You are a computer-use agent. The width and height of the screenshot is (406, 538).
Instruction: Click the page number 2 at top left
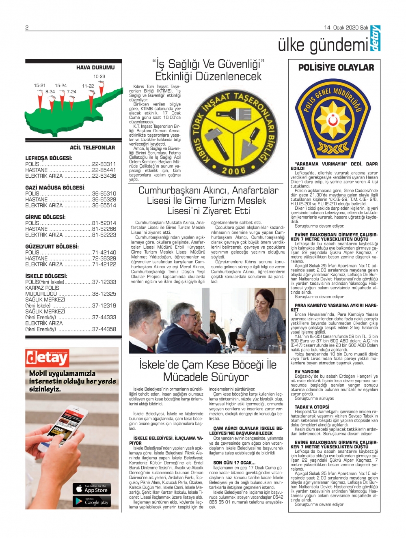pyautogui.click(x=27, y=28)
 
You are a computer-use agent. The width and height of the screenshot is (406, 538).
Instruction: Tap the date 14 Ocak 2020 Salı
pyautogui.click(x=346, y=28)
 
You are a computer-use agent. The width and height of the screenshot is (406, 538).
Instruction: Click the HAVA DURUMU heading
pyautogui.click(x=95, y=68)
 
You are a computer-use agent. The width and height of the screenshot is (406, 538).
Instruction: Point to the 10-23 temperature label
pyautogui.click(x=99, y=76)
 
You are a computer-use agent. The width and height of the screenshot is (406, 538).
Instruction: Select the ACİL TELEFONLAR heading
pyautogui.click(x=92, y=148)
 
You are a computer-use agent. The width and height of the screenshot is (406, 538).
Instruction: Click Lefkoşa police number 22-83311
pyautogui.click(x=104, y=164)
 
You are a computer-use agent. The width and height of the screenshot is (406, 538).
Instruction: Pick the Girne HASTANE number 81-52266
pyautogui.click(x=104, y=229)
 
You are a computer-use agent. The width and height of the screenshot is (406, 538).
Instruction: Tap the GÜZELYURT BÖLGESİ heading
pyautogui.click(x=52, y=247)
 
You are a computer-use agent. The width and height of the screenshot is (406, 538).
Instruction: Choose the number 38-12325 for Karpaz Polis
pyautogui.click(x=104, y=294)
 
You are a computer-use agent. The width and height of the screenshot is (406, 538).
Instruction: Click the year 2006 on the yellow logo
pyautogui.click(x=234, y=171)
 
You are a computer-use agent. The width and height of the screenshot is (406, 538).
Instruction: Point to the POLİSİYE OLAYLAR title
pyautogui.click(x=336, y=68)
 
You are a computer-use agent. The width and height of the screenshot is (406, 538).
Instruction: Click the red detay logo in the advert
pyautogui.click(x=47, y=357)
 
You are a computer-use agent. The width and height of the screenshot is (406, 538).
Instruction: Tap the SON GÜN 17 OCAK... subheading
pyautogui.click(x=234, y=463)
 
